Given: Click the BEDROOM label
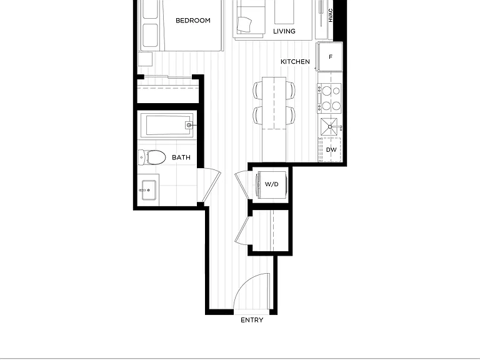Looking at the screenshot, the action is [193, 21].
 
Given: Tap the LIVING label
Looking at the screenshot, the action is [284, 31].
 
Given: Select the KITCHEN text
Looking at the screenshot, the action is [295, 61].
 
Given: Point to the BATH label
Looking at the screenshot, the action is [181, 157].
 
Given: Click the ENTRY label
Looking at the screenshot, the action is [252, 320].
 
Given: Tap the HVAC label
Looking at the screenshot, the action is [331, 15].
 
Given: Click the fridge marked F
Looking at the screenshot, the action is [330, 57].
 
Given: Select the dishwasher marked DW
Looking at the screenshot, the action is [330, 150].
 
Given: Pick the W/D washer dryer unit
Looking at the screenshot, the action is [272, 184].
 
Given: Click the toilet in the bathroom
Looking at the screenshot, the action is [152, 157].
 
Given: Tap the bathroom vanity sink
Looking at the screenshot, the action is [149, 190].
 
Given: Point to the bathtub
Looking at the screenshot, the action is [167, 125].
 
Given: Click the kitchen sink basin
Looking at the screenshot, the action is [329, 126].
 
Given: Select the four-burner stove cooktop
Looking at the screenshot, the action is [329, 99].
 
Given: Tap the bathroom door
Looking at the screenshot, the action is [210, 186].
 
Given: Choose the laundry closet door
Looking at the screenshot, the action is [243, 186].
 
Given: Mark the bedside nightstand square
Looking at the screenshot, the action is [145, 59].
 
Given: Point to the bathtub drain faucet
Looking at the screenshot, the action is [189, 125].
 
